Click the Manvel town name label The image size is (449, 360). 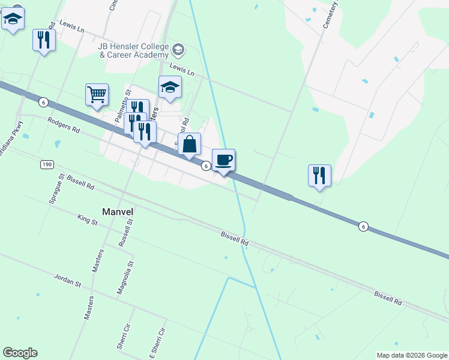(x=117, y=212)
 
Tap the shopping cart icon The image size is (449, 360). (x=97, y=95)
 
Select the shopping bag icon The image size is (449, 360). (x=189, y=144)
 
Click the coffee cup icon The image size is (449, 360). (x=223, y=160)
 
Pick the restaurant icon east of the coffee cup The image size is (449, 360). (x=319, y=176)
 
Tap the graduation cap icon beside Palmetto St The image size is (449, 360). (x=170, y=88)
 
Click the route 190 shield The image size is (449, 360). (x=48, y=164)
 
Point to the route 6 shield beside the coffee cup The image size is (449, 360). (x=205, y=166)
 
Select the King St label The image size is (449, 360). (x=87, y=221)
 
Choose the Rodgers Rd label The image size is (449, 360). (x=64, y=124)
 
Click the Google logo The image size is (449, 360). (x=20, y=353)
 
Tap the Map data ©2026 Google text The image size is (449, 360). (x=412, y=355)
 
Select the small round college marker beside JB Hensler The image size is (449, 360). (x=178, y=49)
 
